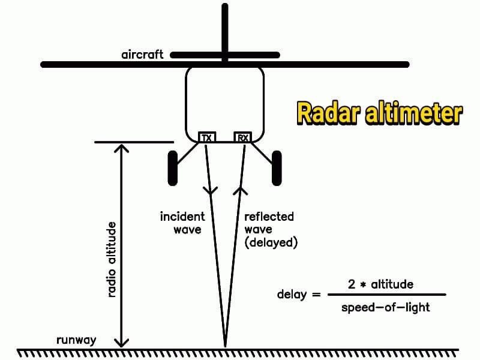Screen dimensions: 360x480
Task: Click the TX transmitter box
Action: [x=207, y=137]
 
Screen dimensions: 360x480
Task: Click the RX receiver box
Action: [x=242, y=137]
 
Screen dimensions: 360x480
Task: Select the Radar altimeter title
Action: [x=379, y=113]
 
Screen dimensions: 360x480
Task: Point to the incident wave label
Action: [x=182, y=222]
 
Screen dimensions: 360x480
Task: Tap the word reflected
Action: [x=269, y=217]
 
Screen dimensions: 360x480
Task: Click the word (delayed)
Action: [x=271, y=243]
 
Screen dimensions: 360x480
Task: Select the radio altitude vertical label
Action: [x=111, y=259]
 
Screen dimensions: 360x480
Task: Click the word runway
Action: [x=76, y=340]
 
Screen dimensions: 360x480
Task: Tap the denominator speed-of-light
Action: [x=385, y=307]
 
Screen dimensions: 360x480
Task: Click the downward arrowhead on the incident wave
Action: [x=210, y=191]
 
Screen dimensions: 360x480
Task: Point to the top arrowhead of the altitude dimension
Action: [x=122, y=147]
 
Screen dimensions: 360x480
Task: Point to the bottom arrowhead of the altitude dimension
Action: [x=122, y=343]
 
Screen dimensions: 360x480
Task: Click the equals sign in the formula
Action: [x=316, y=295]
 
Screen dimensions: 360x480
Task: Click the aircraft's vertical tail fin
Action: [x=225, y=30]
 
